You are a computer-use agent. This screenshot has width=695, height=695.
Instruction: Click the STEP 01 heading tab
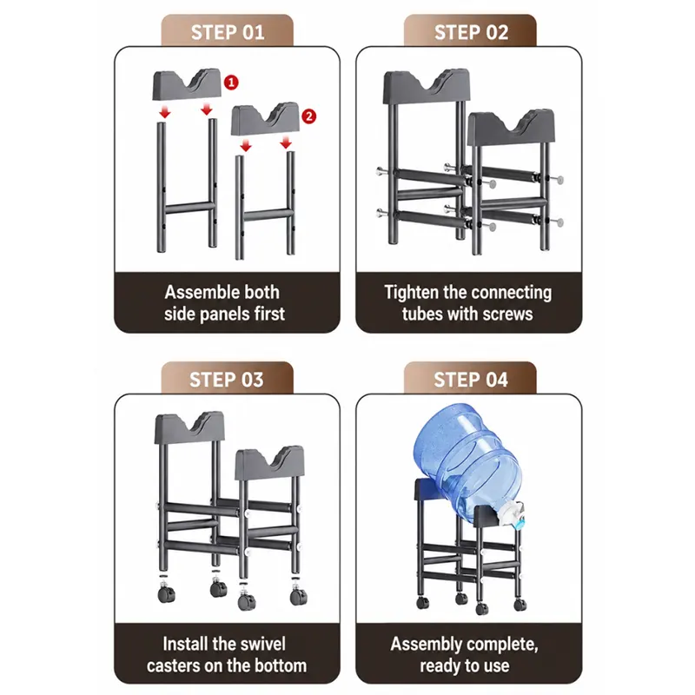pyautogui.click(x=227, y=30)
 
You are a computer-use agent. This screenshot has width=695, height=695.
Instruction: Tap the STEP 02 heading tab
pyautogui.click(x=470, y=30)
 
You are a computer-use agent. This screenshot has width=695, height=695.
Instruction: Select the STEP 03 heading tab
pyautogui.click(x=227, y=378)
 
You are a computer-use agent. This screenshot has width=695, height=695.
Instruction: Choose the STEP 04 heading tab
pyautogui.click(x=470, y=378)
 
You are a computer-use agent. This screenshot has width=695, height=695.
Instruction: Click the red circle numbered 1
pyautogui.click(x=231, y=82)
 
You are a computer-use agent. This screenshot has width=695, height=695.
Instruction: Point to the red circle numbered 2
pyautogui.click(x=309, y=116)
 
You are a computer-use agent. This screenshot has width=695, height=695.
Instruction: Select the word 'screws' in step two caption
pyautogui.click(x=508, y=314)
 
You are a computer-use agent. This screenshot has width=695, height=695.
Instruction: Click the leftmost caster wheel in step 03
pyautogui.click(x=166, y=593)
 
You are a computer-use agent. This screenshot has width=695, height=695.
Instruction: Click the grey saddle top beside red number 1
pyautogui.click(x=187, y=84)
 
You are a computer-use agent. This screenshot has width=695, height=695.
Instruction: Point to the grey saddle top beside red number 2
pyautogui.click(x=265, y=119)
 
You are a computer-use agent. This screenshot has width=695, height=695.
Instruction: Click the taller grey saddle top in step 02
pyautogui.click(x=425, y=87)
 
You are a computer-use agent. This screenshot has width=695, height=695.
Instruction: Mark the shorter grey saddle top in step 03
pyautogui.click(x=269, y=464)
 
